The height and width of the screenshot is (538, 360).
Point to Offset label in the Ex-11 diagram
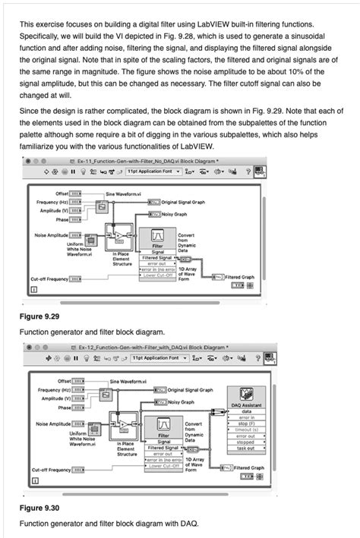tap(58, 193)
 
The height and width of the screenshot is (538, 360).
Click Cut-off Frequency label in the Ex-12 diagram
tap(49, 470)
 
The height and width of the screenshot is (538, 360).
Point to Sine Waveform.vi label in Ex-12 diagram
tap(129, 381)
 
